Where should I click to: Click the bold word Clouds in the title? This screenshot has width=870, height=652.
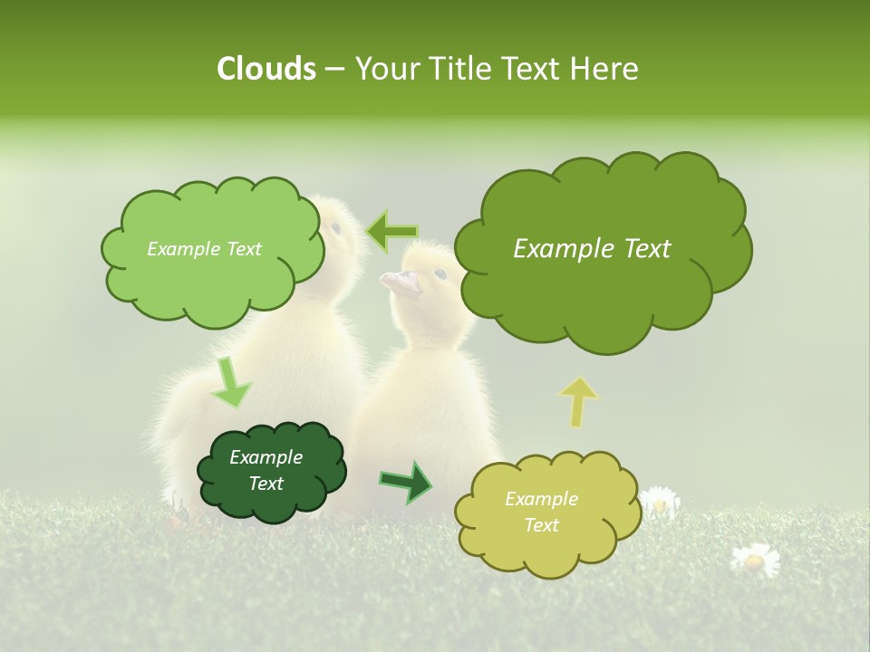[x=266, y=69]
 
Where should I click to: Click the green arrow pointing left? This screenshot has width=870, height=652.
[x=391, y=231]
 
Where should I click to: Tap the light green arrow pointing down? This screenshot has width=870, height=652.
[x=230, y=383]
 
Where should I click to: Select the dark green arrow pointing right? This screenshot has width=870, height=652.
[x=407, y=482]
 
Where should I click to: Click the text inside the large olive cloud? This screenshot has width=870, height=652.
[x=592, y=249]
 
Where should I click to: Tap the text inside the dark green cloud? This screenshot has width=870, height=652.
[x=266, y=471]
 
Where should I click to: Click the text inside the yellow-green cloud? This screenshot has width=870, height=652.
[x=541, y=512]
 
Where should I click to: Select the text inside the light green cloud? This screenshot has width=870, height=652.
[x=204, y=249]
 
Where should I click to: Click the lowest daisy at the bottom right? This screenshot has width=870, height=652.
[x=755, y=560]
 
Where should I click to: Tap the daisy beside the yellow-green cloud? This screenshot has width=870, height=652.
[x=659, y=501]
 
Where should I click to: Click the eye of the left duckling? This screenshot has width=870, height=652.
[x=336, y=227]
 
